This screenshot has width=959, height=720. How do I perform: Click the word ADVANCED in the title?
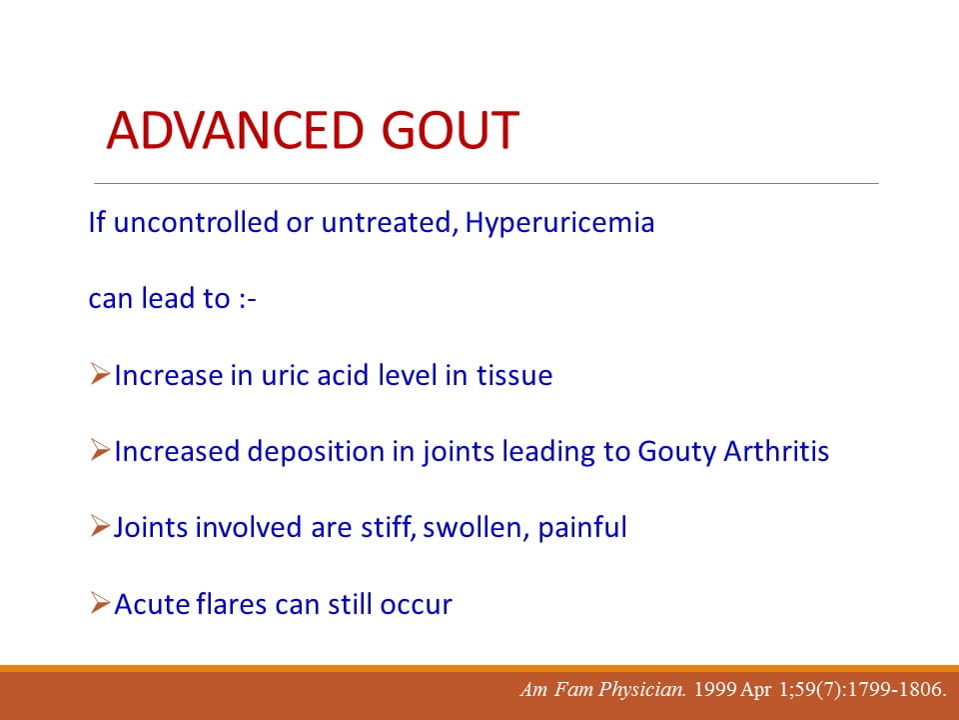coord(235,130)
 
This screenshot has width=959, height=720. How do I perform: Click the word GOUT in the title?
coord(451,130)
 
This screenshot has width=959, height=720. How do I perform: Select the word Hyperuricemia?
coord(559,223)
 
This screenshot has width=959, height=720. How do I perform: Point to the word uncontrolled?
coord(196,222)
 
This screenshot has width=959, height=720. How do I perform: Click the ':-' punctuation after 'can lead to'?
coord(248,299)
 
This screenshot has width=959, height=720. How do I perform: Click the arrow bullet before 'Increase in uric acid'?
coord(100,373)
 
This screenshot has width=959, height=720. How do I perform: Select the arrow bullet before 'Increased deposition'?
coord(100,450)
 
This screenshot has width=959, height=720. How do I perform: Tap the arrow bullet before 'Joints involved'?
coord(100,526)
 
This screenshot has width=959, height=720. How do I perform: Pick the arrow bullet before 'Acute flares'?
coord(100,602)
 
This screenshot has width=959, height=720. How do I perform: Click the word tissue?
coord(514,375)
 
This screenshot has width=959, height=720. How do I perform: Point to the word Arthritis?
coord(776,451)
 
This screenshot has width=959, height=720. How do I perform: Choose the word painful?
coord(582,528)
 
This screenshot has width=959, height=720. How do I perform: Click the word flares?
coord(232,604)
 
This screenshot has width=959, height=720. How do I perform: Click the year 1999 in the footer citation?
coord(714,689)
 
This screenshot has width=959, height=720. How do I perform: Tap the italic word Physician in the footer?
coord(642,690)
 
